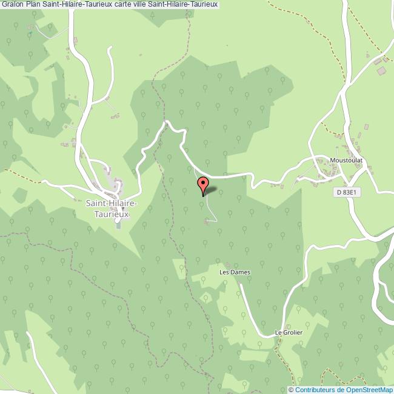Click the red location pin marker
click(x=203, y=184)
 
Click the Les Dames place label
click(x=235, y=272)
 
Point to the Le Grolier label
click(x=289, y=332)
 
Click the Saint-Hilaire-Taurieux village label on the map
click(x=112, y=208)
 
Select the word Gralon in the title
click(x=12, y=5)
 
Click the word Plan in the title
click(x=33, y=5)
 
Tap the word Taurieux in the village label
click(x=112, y=213)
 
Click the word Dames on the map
click(x=240, y=272)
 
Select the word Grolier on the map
click(x=292, y=332)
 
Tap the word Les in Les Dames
click(x=224, y=272)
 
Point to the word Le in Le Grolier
click(x=278, y=332)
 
